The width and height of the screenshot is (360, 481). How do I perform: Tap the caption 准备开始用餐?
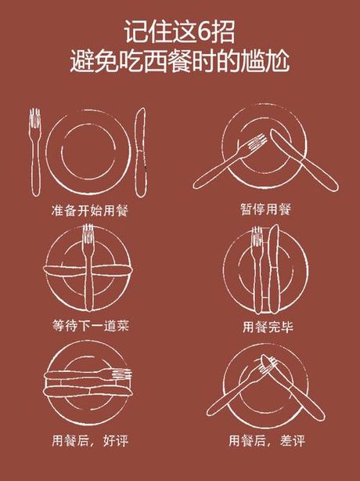point(89,211)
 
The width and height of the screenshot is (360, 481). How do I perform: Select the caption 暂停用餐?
point(266,209)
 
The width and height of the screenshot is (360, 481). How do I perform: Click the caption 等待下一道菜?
point(90,325)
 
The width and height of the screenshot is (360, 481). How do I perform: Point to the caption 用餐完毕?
point(268,327)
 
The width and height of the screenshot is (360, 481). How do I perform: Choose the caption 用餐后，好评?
point(90,440)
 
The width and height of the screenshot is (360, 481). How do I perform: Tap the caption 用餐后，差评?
point(267,441)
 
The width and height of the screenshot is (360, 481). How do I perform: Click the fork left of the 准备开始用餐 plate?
point(35,153)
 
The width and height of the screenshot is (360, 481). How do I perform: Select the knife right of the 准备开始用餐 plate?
point(141,153)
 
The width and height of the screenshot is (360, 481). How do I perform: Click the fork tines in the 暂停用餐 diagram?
point(257,141)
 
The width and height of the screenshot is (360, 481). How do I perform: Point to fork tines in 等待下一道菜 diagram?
point(88,233)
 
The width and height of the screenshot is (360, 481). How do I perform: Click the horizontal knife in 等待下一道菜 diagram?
point(88,271)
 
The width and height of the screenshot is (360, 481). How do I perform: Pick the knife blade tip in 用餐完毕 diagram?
point(275,226)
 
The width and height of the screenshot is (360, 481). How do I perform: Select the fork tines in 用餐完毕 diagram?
point(257,237)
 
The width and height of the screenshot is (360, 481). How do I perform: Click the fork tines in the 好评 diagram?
point(122,374)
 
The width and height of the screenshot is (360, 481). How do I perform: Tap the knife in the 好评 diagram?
point(88,392)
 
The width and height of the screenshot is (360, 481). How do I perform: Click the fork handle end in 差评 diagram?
point(211,411)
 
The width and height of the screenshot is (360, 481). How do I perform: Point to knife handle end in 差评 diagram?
point(320,414)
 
